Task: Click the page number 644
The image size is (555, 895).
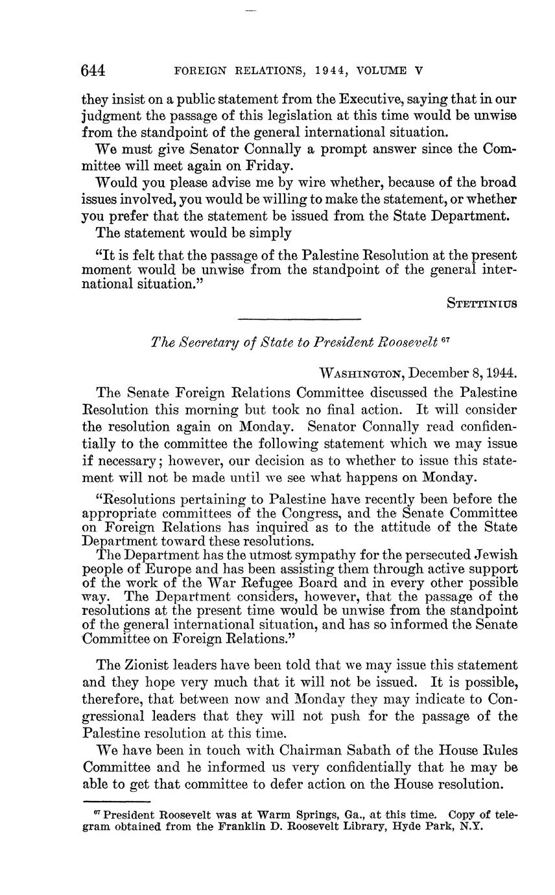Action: [x=93, y=70]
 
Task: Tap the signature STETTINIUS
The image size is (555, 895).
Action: [x=482, y=302]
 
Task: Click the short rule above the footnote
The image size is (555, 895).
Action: [x=116, y=802]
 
